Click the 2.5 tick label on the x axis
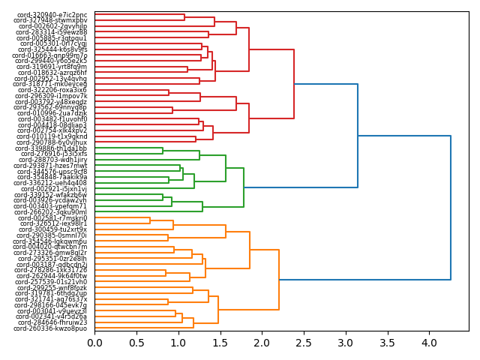point(303,343)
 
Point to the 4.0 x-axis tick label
point(428,343)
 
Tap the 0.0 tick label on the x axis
point(94,343)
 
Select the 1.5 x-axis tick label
point(220,343)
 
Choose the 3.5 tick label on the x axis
point(386,343)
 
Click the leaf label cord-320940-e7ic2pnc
point(50,15)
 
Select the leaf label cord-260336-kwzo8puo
point(51,328)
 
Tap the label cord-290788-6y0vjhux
point(51,142)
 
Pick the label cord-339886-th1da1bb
point(51,148)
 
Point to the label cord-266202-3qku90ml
point(51,212)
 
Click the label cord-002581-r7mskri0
point(51,218)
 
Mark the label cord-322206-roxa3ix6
point(51,90)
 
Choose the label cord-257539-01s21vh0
point(51,282)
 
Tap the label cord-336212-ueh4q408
point(51,183)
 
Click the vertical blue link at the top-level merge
point(451,208)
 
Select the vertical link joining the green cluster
point(244,187)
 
